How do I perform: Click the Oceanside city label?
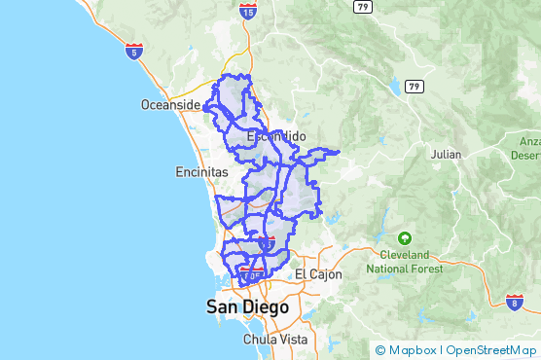tap(170, 105)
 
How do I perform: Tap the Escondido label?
tap(277, 136)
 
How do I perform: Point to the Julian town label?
tap(447, 154)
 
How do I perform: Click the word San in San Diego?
tap(222, 307)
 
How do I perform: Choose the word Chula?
tap(259, 340)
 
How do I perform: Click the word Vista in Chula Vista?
tap(293, 340)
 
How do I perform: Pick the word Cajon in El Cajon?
tap(327, 274)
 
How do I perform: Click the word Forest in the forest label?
tap(423, 269)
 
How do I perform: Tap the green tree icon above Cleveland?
tap(404, 237)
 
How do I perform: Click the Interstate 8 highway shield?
tap(513, 304)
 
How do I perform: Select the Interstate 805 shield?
tap(252, 277)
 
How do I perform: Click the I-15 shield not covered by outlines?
tap(247, 11)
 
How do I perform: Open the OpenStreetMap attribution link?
tap(490, 350)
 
